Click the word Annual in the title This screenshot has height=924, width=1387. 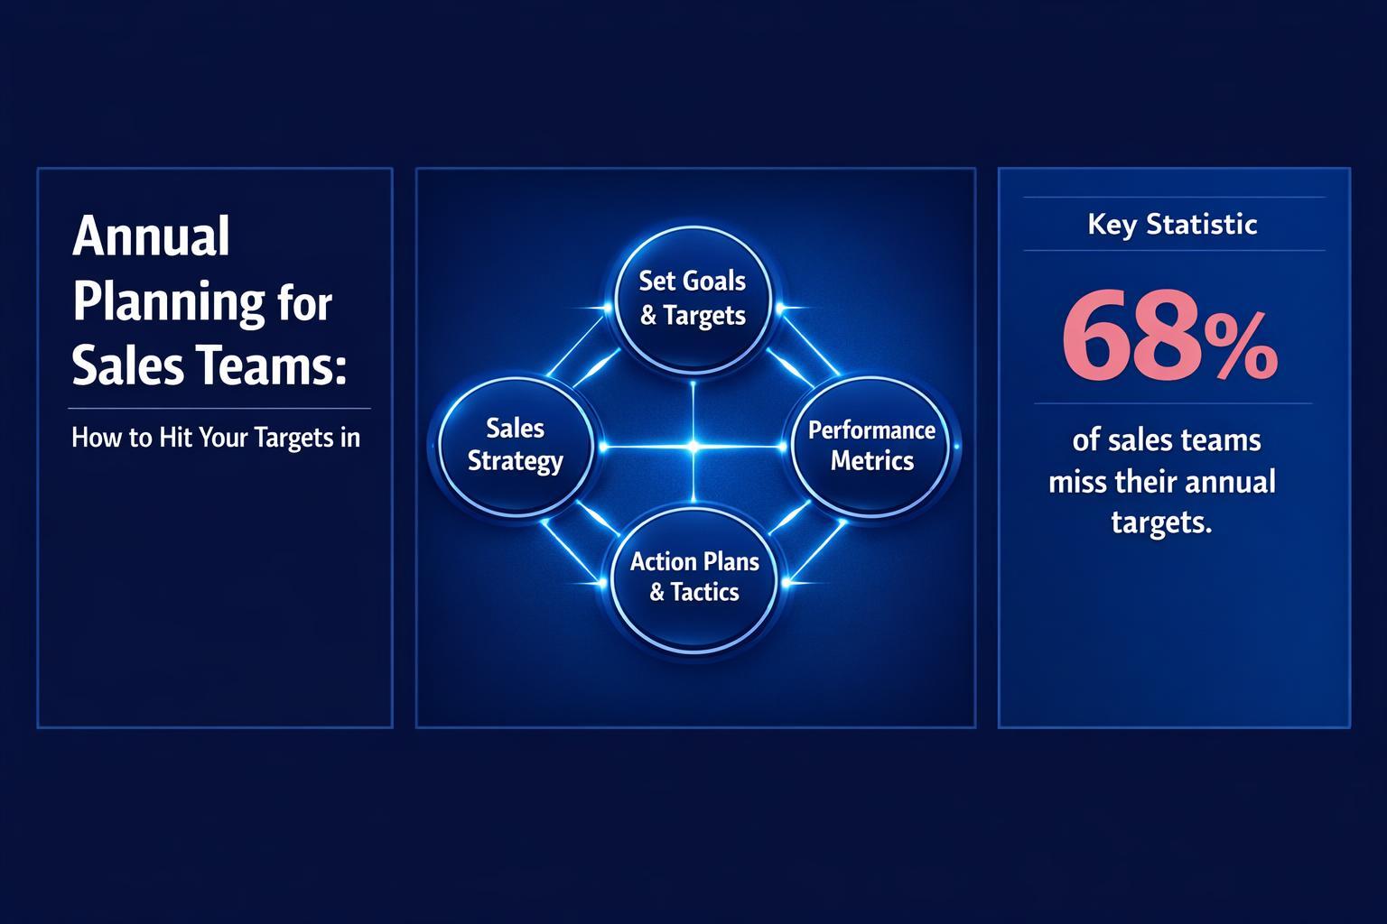click(x=151, y=237)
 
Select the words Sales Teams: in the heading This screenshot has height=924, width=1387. click(x=209, y=367)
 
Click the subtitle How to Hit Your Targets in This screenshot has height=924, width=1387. click(x=216, y=438)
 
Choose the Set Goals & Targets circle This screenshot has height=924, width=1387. click(x=693, y=298)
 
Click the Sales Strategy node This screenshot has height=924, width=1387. click(x=515, y=445)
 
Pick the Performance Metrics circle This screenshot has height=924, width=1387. click(x=871, y=445)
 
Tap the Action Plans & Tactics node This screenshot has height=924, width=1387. click(x=693, y=577)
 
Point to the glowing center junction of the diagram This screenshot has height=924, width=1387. click(x=693, y=446)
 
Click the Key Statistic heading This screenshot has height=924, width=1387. click(x=1172, y=224)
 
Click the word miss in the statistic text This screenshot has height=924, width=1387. click(x=1077, y=481)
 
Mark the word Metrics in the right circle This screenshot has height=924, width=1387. click(x=871, y=461)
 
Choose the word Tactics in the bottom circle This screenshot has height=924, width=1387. click(x=704, y=592)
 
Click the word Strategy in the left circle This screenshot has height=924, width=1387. click(x=515, y=461)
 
